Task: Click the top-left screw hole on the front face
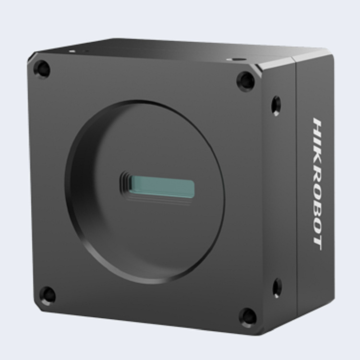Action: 42,69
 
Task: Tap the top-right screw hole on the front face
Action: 246,81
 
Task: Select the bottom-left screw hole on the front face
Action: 47,295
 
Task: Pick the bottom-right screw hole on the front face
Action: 248,317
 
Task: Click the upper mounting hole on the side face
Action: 276,106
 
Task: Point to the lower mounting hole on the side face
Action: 277,288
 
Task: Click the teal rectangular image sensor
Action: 163,188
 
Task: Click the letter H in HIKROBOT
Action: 317,125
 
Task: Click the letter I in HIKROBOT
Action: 316,137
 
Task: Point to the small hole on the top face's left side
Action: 72,50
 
